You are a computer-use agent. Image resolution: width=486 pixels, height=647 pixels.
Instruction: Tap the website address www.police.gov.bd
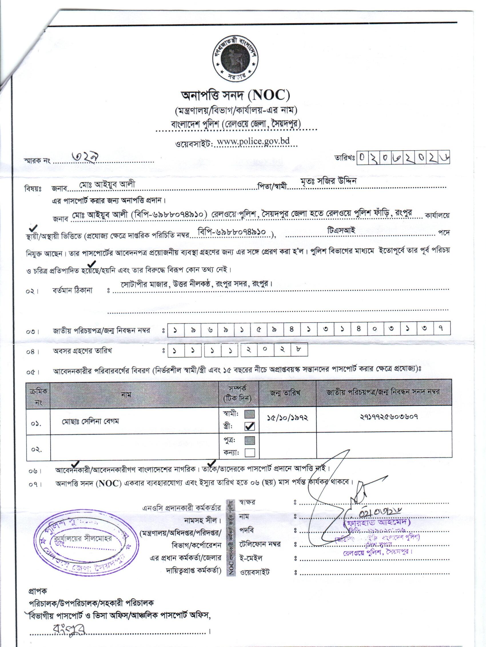(253, 141)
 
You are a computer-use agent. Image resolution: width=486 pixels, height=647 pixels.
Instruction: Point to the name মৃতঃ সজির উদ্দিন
(328, 181)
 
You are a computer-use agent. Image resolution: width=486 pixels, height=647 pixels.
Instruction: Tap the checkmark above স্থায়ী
(33, 227)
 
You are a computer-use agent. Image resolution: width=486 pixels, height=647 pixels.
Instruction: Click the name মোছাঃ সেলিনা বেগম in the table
(90, 422)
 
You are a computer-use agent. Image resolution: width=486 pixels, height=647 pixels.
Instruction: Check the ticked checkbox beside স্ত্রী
(250, 427)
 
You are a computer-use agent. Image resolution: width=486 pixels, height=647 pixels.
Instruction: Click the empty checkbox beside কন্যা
(250, 452)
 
